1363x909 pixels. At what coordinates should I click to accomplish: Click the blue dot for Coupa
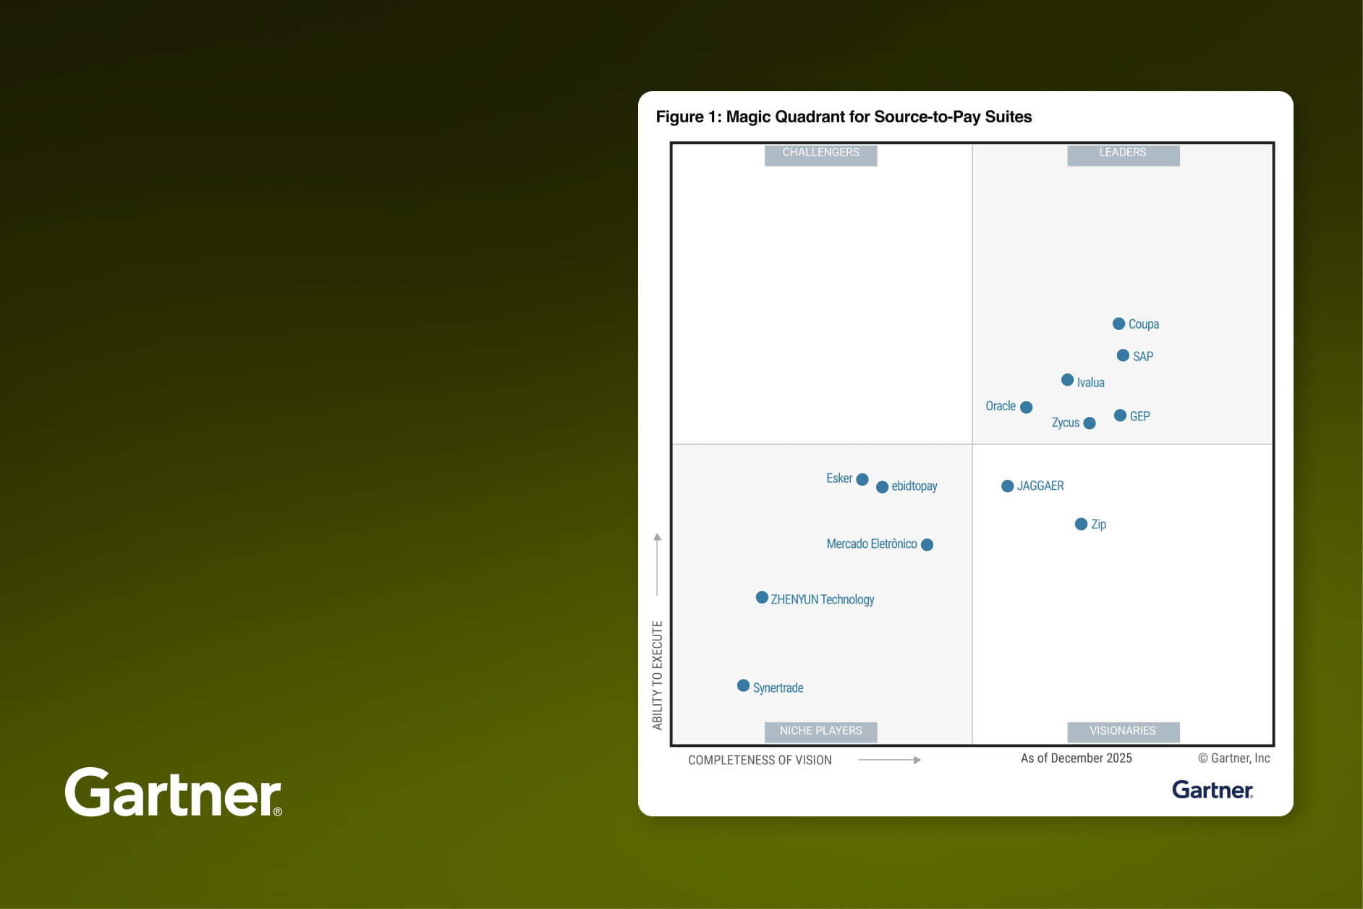(x=1118, y=324)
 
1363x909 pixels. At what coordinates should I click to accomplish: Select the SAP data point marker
(x=1123, y=355)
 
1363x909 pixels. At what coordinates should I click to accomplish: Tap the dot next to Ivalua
(x=1067, y=380)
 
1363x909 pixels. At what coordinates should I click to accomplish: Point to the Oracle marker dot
(x=1026, y=407)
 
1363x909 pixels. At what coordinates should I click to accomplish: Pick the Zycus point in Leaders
(x=1090, y=423)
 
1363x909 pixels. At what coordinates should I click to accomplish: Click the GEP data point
(x=1120, y=415)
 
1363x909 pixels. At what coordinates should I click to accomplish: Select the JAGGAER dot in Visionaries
(x=1007, y=486)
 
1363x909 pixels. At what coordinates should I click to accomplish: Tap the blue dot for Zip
(x=1081, y=524)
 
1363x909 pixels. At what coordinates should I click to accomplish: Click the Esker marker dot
(x=862, y=479)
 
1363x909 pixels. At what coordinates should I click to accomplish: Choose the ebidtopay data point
(x=882, y=487)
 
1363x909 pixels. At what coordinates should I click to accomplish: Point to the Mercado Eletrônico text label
(x=871, y=544)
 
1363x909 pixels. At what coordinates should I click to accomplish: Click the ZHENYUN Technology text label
(x=822, y=599)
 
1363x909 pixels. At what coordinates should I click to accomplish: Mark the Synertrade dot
(x=743, y=685)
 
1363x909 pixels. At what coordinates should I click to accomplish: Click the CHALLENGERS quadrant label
(x=820, y=153)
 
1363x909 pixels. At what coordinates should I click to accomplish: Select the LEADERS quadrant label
(x=1122, y=153)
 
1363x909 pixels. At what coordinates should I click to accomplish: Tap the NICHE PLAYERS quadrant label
(x=820, y=731)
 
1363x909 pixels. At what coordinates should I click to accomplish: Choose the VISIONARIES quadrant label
(x=1122, y=731)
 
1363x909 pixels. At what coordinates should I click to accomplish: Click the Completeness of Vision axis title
(x=760, y=760)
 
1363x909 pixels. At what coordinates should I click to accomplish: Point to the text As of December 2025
(x=1076, y=758)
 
